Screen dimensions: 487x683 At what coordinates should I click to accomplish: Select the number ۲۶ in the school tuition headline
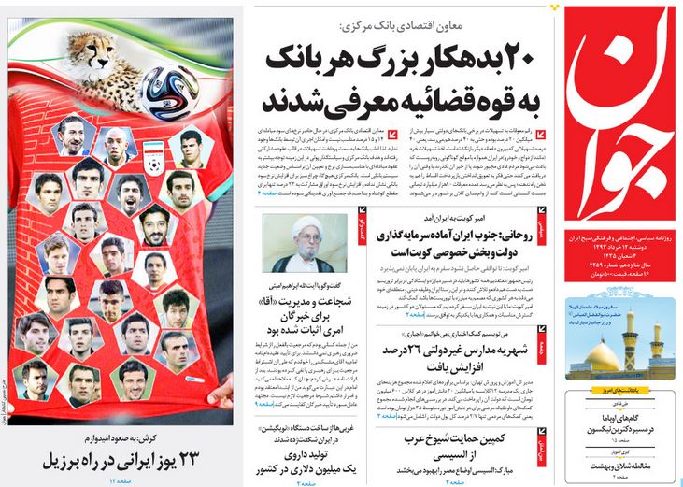click(425, 351)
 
